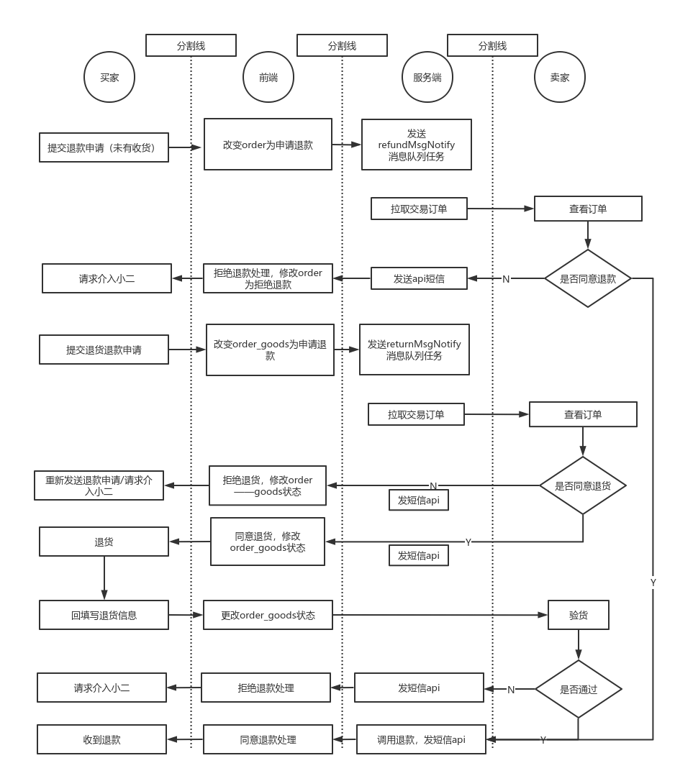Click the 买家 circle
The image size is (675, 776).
110,78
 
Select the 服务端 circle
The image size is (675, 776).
427,78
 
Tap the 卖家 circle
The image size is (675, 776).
560,78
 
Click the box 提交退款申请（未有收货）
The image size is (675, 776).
104,148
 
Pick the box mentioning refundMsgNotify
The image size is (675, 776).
417,145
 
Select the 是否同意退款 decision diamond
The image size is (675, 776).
588,278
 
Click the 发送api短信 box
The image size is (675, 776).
419,278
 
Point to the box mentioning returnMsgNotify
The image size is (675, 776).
414,350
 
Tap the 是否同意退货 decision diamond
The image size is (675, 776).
583,485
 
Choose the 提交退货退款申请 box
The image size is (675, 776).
104,350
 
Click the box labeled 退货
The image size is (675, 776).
104,542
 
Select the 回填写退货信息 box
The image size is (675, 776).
104,616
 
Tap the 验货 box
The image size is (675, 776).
579,616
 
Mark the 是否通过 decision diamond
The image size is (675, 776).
579,689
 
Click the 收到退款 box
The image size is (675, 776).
101,739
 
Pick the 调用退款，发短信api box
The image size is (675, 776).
421,739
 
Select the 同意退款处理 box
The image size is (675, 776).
268,739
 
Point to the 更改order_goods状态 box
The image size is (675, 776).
268,616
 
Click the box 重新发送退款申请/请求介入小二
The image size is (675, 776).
99,485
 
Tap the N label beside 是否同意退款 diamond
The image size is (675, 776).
506,279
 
